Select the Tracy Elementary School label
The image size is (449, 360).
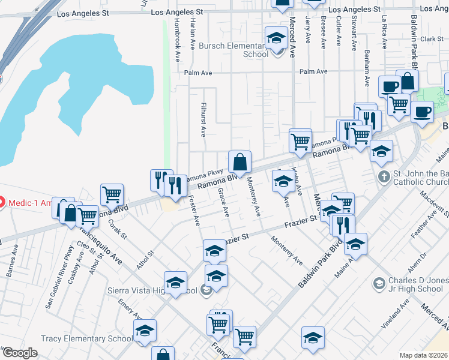click(x=87, y=339)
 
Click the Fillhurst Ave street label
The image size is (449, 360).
click(x=203, y=113)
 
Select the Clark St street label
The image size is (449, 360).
click(x=431, y=39)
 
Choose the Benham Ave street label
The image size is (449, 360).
click(x=366, y=63)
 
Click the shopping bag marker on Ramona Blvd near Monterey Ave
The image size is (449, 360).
click(x=240, y=162)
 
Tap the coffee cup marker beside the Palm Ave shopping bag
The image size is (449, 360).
click(x=389, y=86)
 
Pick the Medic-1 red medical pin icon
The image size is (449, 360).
click(x=2, y=202)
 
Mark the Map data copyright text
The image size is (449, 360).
click(x=423, y=355)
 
